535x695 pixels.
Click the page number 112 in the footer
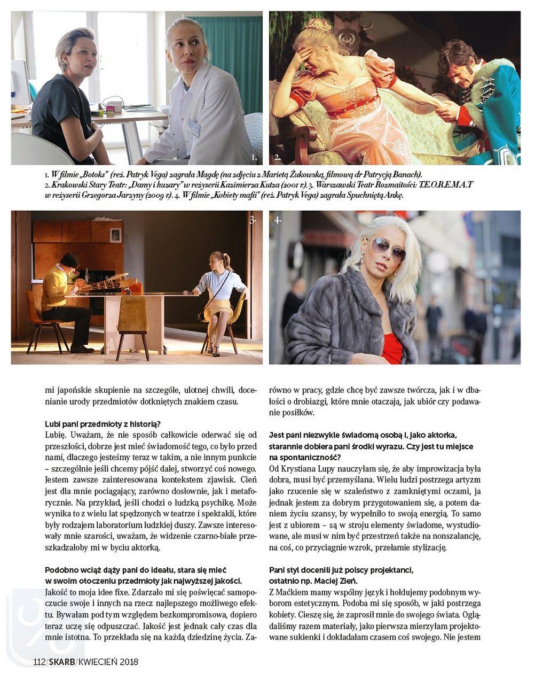[39, 662]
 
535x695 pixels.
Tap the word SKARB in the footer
[62, 662]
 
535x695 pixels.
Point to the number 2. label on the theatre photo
[277, 158]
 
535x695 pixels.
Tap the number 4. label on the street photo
[278, 220]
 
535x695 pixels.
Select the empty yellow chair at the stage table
[133, 320]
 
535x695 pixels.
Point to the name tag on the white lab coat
[194, 127]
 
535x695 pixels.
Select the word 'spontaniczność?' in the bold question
[310, 457]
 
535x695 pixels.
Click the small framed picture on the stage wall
[115, 235]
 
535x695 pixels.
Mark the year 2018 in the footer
[129, 662]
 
